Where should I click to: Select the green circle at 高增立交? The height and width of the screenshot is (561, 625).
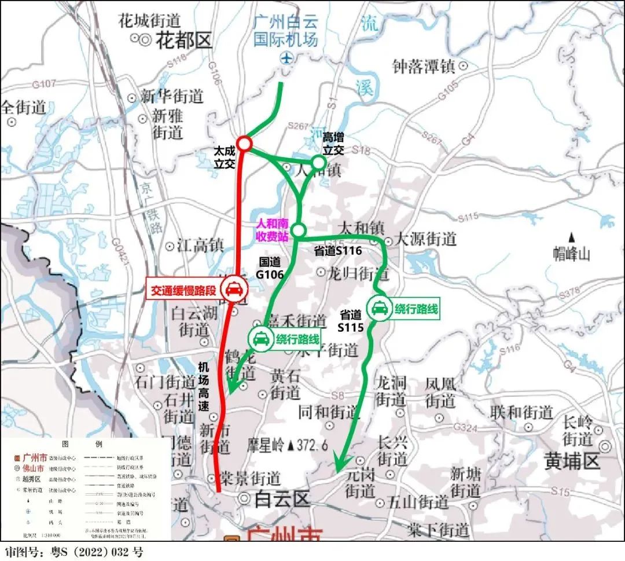pos(318,162)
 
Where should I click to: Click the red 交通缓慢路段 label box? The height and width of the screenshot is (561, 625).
pos(183,290)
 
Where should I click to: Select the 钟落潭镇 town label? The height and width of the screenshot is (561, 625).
pos(424,67)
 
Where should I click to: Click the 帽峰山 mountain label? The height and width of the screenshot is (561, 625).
pos(572,253)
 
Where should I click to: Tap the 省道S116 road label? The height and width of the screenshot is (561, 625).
pos(338,251)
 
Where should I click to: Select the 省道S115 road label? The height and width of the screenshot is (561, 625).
pos(351,321)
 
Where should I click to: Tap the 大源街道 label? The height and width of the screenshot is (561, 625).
pos(426,239)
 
